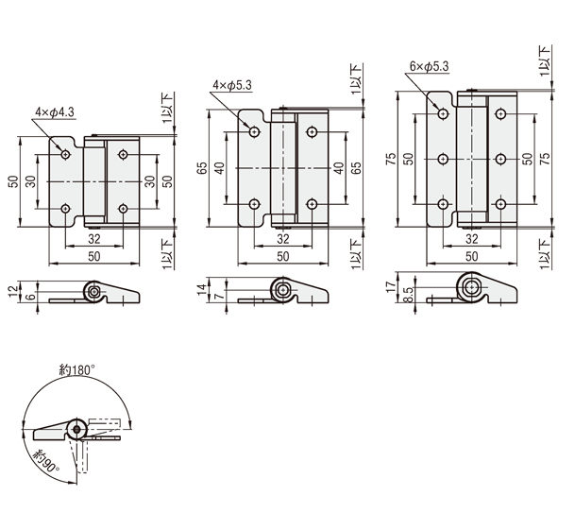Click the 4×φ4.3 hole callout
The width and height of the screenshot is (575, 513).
point(55,112)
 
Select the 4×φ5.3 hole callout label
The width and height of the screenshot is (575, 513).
point(232,85)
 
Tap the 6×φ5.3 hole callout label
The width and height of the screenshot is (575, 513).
point(429,66)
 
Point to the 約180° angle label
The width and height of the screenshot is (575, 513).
point(77,370)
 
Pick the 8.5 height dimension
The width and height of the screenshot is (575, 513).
point(409,295)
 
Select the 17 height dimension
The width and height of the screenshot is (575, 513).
point(391,286)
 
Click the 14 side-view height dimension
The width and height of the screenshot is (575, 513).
point(202,290)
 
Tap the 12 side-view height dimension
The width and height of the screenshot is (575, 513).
point(13,292)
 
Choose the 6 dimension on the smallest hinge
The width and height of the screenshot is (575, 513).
point(31,297)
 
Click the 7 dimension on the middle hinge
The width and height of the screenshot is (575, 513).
point(220,296)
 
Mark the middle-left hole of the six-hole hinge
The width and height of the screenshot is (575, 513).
point(444,159)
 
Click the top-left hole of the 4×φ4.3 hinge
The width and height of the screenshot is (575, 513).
point(66,155)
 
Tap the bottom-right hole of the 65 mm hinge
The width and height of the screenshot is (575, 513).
point(312,204)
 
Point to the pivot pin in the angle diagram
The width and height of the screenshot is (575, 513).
point(76,429)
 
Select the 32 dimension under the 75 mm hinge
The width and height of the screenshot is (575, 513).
point(471,239)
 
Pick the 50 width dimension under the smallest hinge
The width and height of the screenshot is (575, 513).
point(93,257)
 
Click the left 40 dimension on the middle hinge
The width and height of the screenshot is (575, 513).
point(219,168)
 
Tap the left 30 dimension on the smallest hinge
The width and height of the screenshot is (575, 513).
point(31,181)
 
